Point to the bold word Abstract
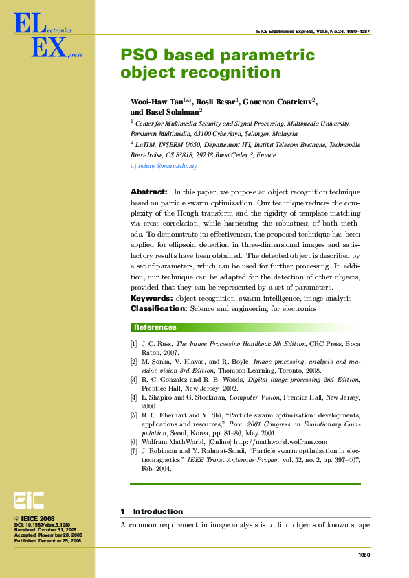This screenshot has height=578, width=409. point(149,192)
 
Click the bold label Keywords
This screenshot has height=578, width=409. point(151,299)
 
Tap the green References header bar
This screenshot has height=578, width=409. point(245,327)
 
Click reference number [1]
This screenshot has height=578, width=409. point(134,343)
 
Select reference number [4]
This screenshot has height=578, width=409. point(134,397)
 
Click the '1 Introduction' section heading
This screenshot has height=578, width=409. point(152,511)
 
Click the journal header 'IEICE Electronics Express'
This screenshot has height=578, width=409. point(282,31)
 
